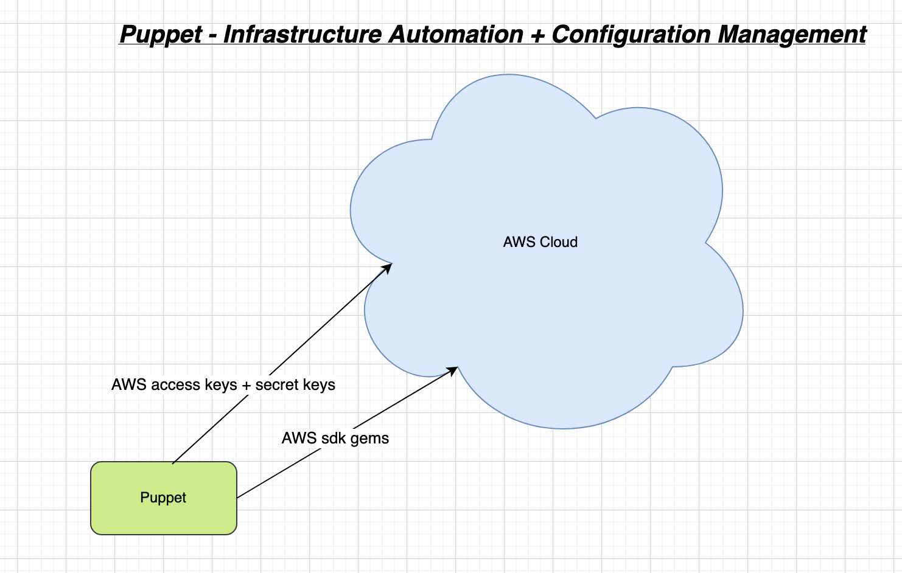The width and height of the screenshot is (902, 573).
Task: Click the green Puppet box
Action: [x=163, y=498]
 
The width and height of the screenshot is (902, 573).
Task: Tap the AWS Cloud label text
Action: [x=540, y=242]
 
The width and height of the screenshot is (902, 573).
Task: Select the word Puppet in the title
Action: [x=161, y=35]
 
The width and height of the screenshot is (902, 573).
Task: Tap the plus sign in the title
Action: [x=537, y=35]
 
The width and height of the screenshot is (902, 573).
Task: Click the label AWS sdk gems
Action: [x=335, y=439]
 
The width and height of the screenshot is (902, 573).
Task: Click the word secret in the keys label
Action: [x=278, y=385]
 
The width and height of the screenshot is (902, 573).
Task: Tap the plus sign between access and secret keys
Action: [x=246, y=386]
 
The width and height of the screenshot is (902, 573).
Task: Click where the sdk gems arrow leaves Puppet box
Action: [x=237, y=498]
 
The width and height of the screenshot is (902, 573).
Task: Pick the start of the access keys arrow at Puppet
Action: [x=173, y=463]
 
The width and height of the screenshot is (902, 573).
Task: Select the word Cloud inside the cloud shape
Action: [x=558, y=242]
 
